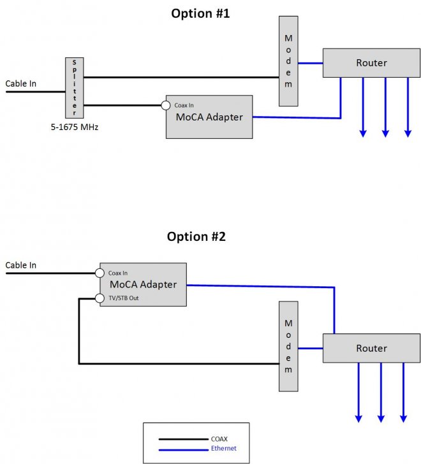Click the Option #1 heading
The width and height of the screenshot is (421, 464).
click(x=200, y=13)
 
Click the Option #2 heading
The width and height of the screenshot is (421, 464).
click(x=196, y=236)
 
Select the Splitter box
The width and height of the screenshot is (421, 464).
click(x=74, y=87)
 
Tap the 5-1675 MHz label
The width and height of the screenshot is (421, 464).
click(x=75, y=127)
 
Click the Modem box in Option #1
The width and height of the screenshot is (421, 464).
click(x=288, y=62)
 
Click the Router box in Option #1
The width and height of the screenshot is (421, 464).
click(x=371, y=62)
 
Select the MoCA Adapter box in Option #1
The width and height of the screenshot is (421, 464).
click(x=209, y=117)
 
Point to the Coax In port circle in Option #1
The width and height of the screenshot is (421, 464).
click(x=166, y=106)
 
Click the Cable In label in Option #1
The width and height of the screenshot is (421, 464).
click(x=21, y=83)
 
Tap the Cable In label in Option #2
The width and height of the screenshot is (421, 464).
click(x=21, y=265)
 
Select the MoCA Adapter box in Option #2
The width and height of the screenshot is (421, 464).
click(x=143, y=284)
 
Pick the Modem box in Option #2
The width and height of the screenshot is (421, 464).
click(x=288, y=347)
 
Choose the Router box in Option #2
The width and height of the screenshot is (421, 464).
click(x=371, y=348)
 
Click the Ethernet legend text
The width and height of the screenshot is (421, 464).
click(x=223, y=449)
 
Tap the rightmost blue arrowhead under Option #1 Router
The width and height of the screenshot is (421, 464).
click(x=408, y=133)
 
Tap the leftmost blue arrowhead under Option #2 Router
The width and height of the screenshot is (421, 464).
click(x=358, y=418)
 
